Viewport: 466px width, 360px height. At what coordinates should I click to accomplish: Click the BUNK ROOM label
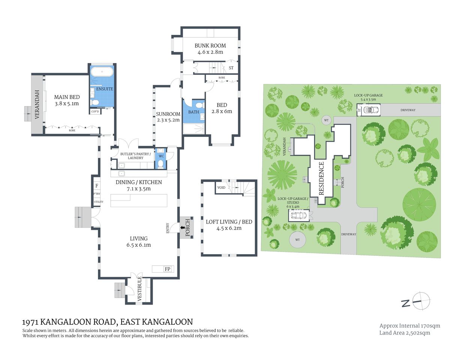210,46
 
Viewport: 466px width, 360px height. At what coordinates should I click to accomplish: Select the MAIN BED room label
67,97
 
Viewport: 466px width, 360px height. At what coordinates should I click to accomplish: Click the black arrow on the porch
183,227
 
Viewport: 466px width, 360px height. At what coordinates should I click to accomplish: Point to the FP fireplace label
167,269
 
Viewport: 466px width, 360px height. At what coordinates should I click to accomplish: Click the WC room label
161,156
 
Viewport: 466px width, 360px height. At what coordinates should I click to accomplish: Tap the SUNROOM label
168,114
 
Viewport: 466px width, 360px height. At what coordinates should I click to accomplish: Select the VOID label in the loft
221,187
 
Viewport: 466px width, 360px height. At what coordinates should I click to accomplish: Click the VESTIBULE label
140,289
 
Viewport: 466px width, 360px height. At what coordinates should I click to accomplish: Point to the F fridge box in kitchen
97,186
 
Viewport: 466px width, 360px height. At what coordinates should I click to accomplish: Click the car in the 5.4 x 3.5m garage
373,110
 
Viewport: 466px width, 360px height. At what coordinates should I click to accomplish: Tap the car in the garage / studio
299,216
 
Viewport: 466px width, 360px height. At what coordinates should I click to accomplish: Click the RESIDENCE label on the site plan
321,178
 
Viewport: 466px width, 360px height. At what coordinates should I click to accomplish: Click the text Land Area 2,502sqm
404,333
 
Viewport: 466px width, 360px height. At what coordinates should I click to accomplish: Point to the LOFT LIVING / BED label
229,222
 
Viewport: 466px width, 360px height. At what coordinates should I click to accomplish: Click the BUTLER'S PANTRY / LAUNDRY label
135,156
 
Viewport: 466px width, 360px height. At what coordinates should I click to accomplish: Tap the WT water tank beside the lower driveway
298,240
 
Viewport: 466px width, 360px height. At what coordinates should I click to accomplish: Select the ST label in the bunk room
231,68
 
